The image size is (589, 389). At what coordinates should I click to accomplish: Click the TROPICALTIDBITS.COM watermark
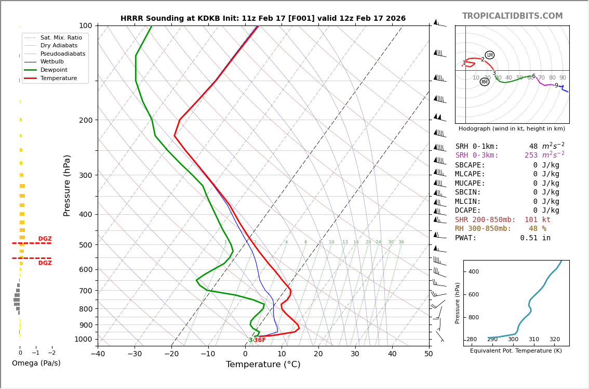click(x=512, y=16)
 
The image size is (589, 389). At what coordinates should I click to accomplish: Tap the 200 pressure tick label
click(x=86, y=120)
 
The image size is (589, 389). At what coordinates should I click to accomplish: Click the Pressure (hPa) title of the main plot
click(x=67, y=185)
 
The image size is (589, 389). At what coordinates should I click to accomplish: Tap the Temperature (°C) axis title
click(x=263, y=365)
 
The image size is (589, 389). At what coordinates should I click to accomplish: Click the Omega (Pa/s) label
click(x=36, y=364)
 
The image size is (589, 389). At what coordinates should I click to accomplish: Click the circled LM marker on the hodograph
click(x=489, y=55)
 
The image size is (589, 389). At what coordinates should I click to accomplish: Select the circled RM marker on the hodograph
click(x=485, y=82)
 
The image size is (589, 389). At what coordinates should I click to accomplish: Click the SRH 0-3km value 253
click(x=531, y=155)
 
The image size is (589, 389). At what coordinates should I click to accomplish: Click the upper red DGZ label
click(x=45, y=239)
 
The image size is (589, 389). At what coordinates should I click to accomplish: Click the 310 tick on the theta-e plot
click(x=533, y=340)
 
